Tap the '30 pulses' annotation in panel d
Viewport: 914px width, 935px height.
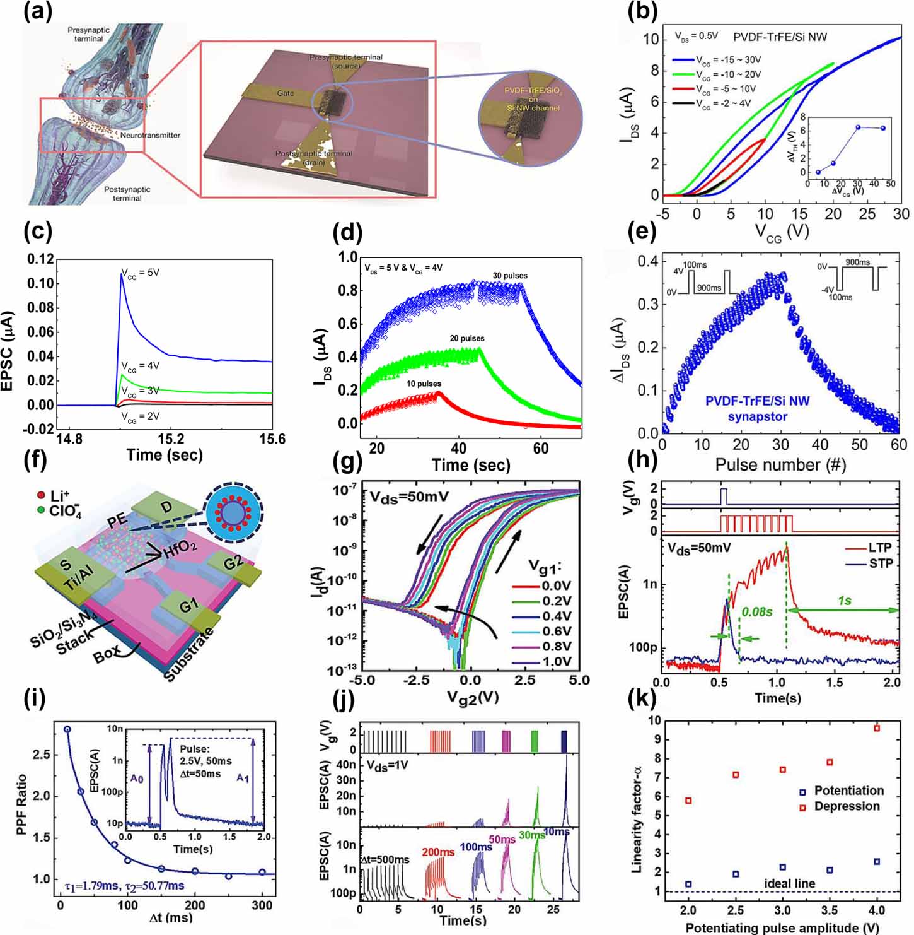coord(510,276)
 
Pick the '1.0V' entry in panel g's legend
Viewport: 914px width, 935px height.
coord(556,662)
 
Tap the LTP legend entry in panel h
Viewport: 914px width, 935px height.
coord(880,548)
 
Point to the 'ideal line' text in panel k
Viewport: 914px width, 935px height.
coord(789,883)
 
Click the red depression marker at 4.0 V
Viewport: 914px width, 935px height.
coord(876,728)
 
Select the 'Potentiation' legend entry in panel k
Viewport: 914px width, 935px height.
coord(848,791)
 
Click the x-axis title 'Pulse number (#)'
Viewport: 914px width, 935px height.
coord(780,465)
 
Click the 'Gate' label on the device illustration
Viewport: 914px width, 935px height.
coord(286,93)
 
